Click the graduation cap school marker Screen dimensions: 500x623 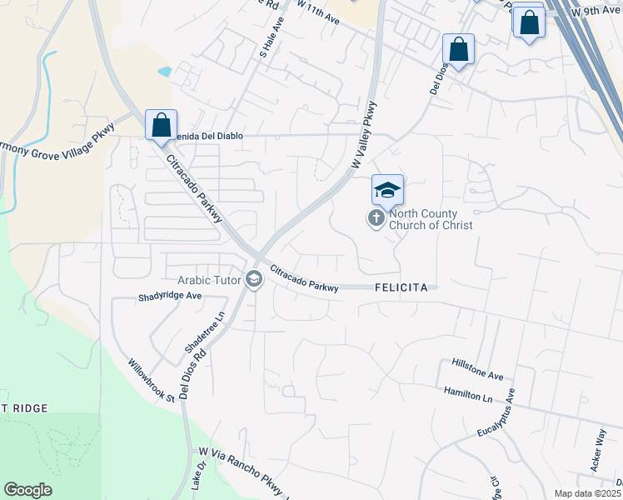click(x=387, y=191)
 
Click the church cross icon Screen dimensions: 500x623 click(x=376, y=219)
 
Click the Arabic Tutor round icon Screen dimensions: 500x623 click(x=254, y=280)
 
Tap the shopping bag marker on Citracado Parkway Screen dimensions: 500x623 click(x=161, y=125)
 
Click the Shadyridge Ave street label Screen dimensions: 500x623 click(x=171, y=296)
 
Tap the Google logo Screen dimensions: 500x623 click(x=27, y=490)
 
